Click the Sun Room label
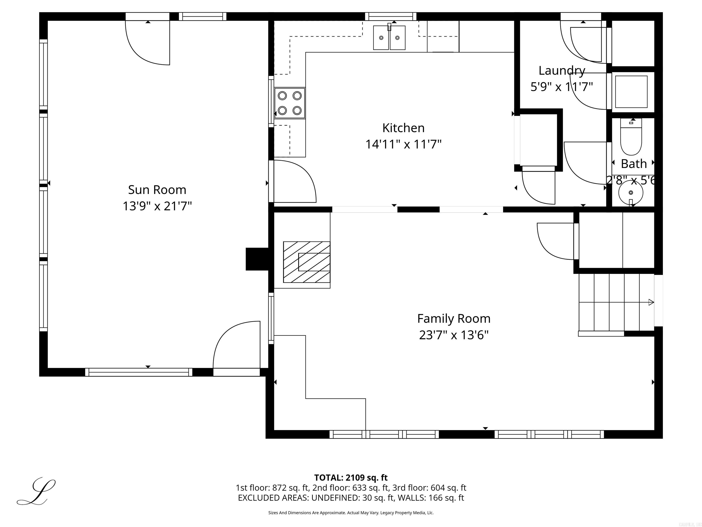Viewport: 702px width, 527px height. tap(157, 190)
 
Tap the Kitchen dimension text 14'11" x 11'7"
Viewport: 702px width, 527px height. tap(403, 145)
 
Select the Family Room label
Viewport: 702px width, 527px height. tap(454, 319)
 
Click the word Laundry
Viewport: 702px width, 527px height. tap(562, 70)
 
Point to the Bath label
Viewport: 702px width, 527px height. tap(633, 164)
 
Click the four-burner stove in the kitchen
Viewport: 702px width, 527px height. tap(290, 103)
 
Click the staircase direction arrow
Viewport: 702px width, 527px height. tap(651, 302)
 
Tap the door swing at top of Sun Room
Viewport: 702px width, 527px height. tap(148, 43)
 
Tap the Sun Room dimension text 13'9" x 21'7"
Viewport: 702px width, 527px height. tap(157, 207)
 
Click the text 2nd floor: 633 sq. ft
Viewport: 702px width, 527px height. tap(351, 488)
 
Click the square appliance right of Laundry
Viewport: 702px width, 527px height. tap(631, 91)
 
